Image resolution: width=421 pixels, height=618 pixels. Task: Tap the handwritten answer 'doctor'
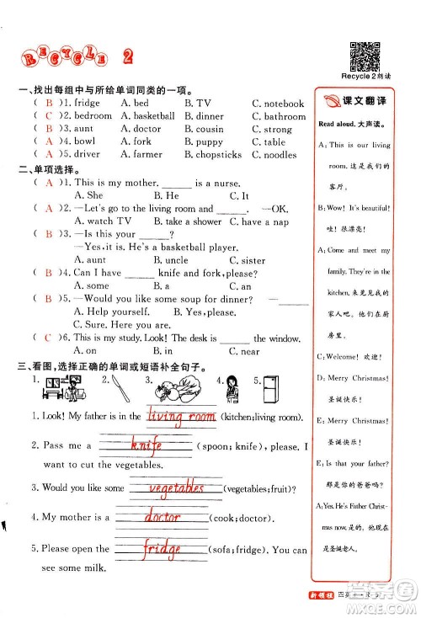point(163,516)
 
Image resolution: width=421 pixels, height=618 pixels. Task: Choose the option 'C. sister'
point(248,261)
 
